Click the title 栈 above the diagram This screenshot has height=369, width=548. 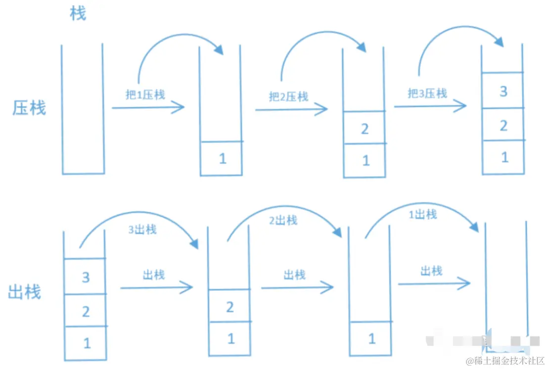pyautogui.click(x=78, y=13)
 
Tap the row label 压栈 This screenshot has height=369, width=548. pyautogui.click(x=29, y=108)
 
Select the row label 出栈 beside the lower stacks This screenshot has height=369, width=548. pyautogui.click(x=24, y=292)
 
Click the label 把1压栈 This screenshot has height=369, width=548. pyautogui.click(x=145, y=95)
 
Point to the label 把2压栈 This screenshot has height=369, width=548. pyautogui.click(x=288, y=96)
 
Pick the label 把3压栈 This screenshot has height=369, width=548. pyautogui.click(x=427, y=93)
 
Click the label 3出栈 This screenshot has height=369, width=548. pyautogui.click(x=142, y=230)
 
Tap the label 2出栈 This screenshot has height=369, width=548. pyautogui.click(x=283, y=220)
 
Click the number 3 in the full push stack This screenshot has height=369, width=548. pyautogui.click(x=503, y=91)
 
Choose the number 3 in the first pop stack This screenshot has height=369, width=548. pyautogui.click(x=86, y=277)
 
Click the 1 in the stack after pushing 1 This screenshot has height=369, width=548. pyautogui.click(x=223, y=159)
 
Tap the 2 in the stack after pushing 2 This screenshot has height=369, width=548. pyautogui.click(x=365, y=129)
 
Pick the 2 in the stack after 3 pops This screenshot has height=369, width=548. pyautogui.click(x=230, y=307)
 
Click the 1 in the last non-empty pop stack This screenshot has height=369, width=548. pyautogui.click(x=372, y=339)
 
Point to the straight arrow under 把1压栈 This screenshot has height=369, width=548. pyautogui.click(x=148, y=107)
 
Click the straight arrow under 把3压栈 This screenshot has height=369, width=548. pyautogui.click(x=430, y=106)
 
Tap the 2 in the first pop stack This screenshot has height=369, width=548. pyautogui.click(x=86, y=312)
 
